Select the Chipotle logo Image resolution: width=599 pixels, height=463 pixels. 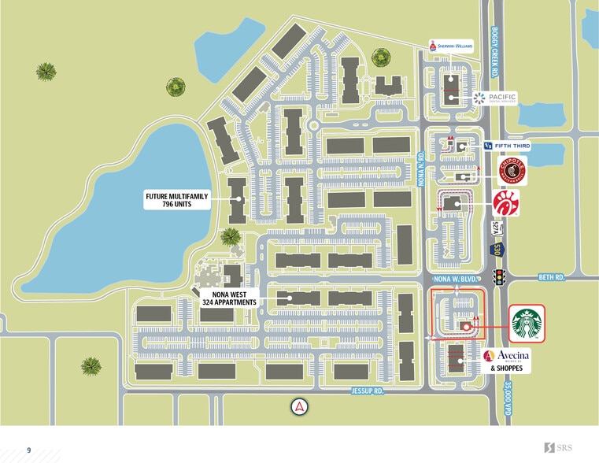[x=512, y=169]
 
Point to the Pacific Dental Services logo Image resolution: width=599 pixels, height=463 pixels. [x=495, y=98]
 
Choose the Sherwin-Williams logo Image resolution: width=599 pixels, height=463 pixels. [x=451, y=47]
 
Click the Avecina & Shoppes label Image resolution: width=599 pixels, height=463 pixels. [x=506, y=361]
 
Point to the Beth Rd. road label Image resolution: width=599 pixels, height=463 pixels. [x=553, y=277]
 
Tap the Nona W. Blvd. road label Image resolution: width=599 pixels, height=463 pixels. [x=456, y=279]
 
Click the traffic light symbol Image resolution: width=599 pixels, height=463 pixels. [x=498, y=277]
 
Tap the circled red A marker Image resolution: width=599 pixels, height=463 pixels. [x=300, y=407]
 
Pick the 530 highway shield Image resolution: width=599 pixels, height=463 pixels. [x=497, y=250]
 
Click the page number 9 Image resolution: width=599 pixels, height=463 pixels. [x=29, y=450]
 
